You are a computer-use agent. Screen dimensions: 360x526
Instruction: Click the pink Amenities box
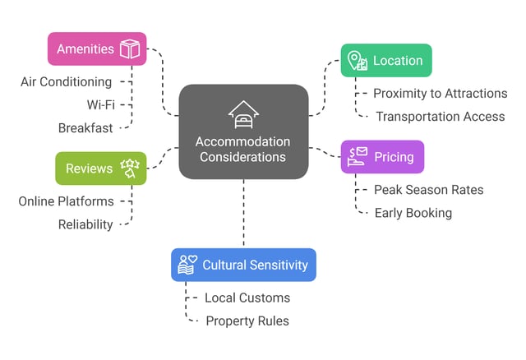click(x=96, y=48)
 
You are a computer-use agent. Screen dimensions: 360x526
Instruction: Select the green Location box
click(x=385, y=61)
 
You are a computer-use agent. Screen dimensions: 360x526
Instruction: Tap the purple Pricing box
click(x=382, y=156)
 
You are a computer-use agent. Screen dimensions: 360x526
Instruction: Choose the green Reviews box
click(x=100, y=168)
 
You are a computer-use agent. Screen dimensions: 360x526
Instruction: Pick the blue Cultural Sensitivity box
click(x=243, y=265)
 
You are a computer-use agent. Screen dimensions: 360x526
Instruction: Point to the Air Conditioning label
click(x=66, y=82)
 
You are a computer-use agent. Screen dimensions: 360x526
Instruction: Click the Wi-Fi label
click(x=100, y=105)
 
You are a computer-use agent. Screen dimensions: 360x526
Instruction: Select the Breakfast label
click(x=85, y=128)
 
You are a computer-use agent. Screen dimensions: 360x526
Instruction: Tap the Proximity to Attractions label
click(x=440, y=94)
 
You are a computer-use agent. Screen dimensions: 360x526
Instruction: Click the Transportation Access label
click(x=440, y=117)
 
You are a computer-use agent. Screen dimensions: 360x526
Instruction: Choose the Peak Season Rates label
click(x=428, y=190)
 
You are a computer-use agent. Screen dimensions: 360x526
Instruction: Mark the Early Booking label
click(x=413, y=213)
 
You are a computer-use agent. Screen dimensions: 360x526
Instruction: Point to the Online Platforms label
click(x=66, y=201)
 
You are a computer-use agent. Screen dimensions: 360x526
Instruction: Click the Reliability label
click(x=85, y=224)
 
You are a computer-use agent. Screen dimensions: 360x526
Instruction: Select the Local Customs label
click(x=247, y=298)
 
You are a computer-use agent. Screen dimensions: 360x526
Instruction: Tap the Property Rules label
click(x=247, y=321)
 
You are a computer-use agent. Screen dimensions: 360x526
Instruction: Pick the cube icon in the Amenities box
click(x=130, y=49)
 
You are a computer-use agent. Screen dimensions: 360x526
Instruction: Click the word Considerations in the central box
click(x=243, y=157)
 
